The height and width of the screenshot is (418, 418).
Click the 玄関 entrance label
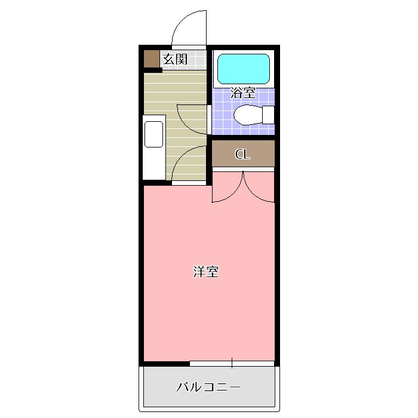click(x=176, y=59)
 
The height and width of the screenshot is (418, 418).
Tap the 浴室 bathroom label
click(x=243, y=93)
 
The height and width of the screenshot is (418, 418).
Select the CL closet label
click(x=242, y=155)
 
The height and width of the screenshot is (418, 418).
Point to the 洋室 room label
click(x=205, y=272)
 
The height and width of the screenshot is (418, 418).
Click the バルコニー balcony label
click(x=208, y=387)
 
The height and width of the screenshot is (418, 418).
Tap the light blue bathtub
click(x=243, y=69)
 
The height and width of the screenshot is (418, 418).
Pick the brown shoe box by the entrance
click(x=152, y=59)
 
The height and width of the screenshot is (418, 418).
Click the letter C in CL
click(x=239, y=155)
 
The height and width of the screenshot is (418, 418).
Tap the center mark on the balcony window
click(x=232, y=362)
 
